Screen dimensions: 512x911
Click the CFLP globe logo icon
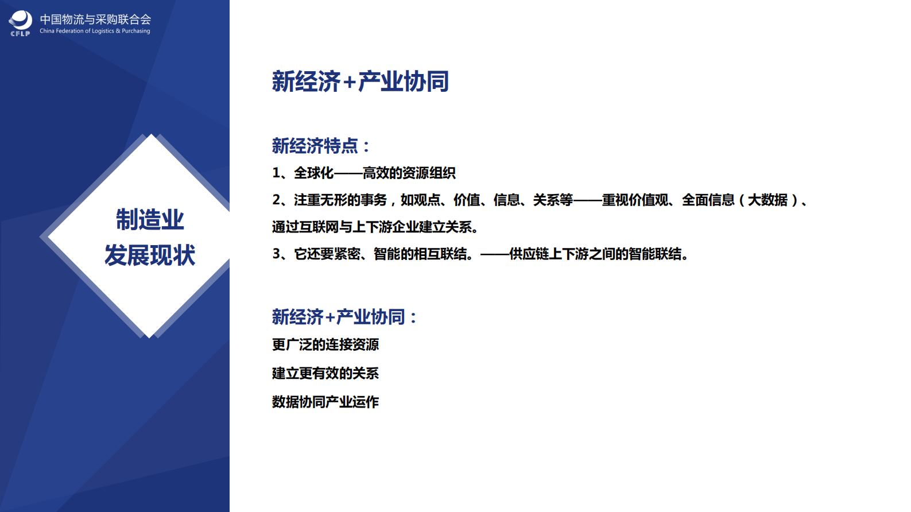coord(21,22)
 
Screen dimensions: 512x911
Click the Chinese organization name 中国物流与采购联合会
coord(95,20)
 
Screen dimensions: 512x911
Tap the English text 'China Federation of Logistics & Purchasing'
coord(95,31)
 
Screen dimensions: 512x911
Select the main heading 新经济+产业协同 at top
coord(360,82)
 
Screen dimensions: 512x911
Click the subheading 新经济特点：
coord(321,146)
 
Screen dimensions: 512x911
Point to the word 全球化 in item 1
coord(313,173)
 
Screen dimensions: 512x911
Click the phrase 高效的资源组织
coord(409,173)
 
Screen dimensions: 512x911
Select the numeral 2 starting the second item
coord(276,200)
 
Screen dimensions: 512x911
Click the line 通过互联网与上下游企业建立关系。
coord(375,227)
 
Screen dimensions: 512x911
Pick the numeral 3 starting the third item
coord(276,254)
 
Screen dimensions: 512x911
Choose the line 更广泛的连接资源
coord(325,344)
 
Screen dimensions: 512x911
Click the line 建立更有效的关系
coord(325,373)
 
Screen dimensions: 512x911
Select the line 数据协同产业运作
coord(325,402)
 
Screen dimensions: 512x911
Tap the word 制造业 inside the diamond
coord(150,219)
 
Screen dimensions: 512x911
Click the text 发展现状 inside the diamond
coord(150,255)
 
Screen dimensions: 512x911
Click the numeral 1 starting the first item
coord(276,173)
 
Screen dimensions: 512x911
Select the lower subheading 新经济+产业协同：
coord(344,317)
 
